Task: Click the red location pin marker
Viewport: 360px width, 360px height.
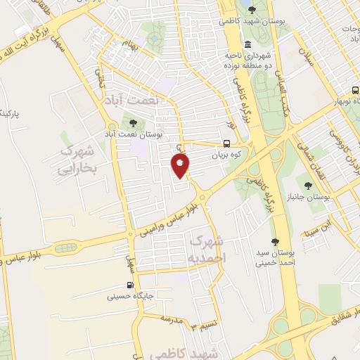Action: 181,165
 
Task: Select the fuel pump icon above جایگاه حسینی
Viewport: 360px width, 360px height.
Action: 130,285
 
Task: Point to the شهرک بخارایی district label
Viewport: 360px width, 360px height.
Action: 77,160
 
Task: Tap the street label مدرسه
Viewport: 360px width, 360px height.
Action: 170,319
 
